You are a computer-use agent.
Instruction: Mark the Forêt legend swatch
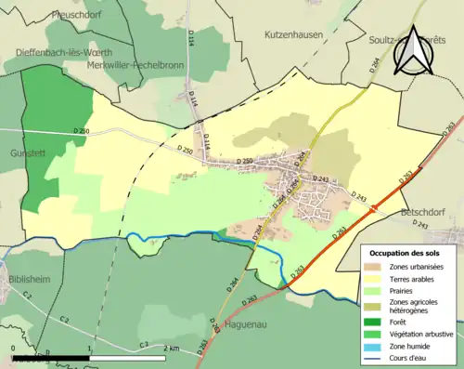pyautogui.click(x=377, y=317)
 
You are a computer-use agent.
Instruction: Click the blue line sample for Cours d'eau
pyautogui.click(x=377, y=356)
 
